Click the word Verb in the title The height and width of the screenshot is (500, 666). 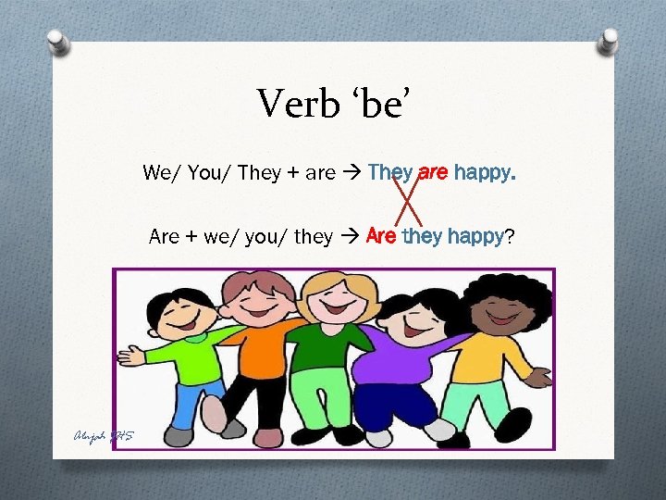[x=294, y=103]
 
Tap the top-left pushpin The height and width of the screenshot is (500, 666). [x=57, y=42]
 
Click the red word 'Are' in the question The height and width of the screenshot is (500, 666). [x=381, y=236]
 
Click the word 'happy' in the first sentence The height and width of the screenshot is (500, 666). [x=485, y=173]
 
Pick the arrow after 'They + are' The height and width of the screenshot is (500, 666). [x=351, y=173]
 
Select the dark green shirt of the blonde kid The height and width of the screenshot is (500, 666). [x=326, y=346]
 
